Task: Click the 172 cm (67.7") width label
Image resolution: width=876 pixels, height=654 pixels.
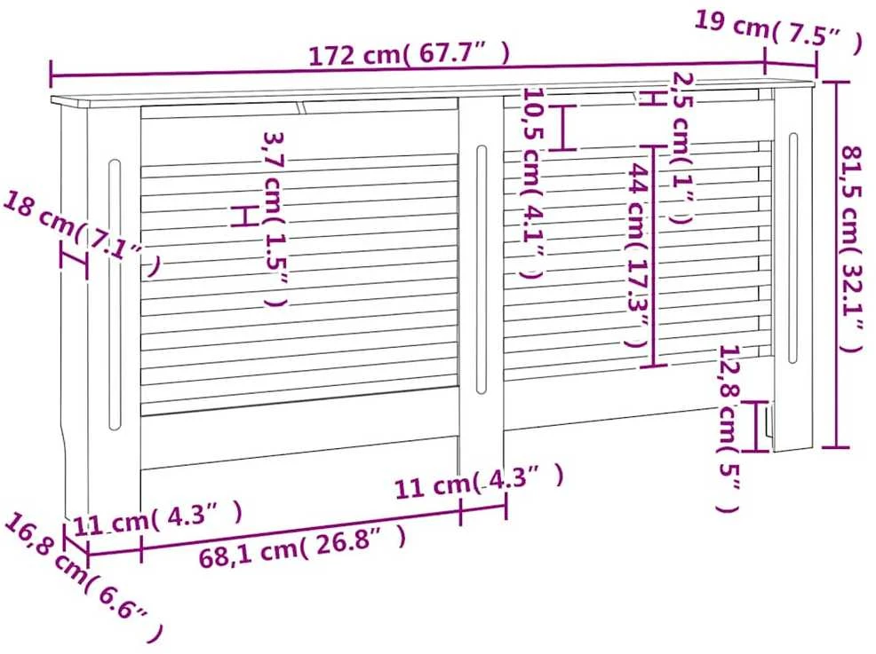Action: coord(409,54)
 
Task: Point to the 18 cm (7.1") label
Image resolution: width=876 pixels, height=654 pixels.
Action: coord(83,233)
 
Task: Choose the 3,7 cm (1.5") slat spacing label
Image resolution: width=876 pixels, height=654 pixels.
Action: coord(275,219)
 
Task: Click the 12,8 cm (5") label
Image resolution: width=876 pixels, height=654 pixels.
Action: coord(729,428)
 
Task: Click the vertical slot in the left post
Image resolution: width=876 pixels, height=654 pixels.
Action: coord(115,295)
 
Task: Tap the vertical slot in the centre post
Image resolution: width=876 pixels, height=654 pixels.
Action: coord(482,270)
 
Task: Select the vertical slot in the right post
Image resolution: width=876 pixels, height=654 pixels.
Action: coord(792,248)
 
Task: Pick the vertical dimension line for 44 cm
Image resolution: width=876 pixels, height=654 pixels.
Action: coord(654,256)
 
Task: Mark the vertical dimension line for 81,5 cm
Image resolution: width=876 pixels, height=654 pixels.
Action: coord(836,264)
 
